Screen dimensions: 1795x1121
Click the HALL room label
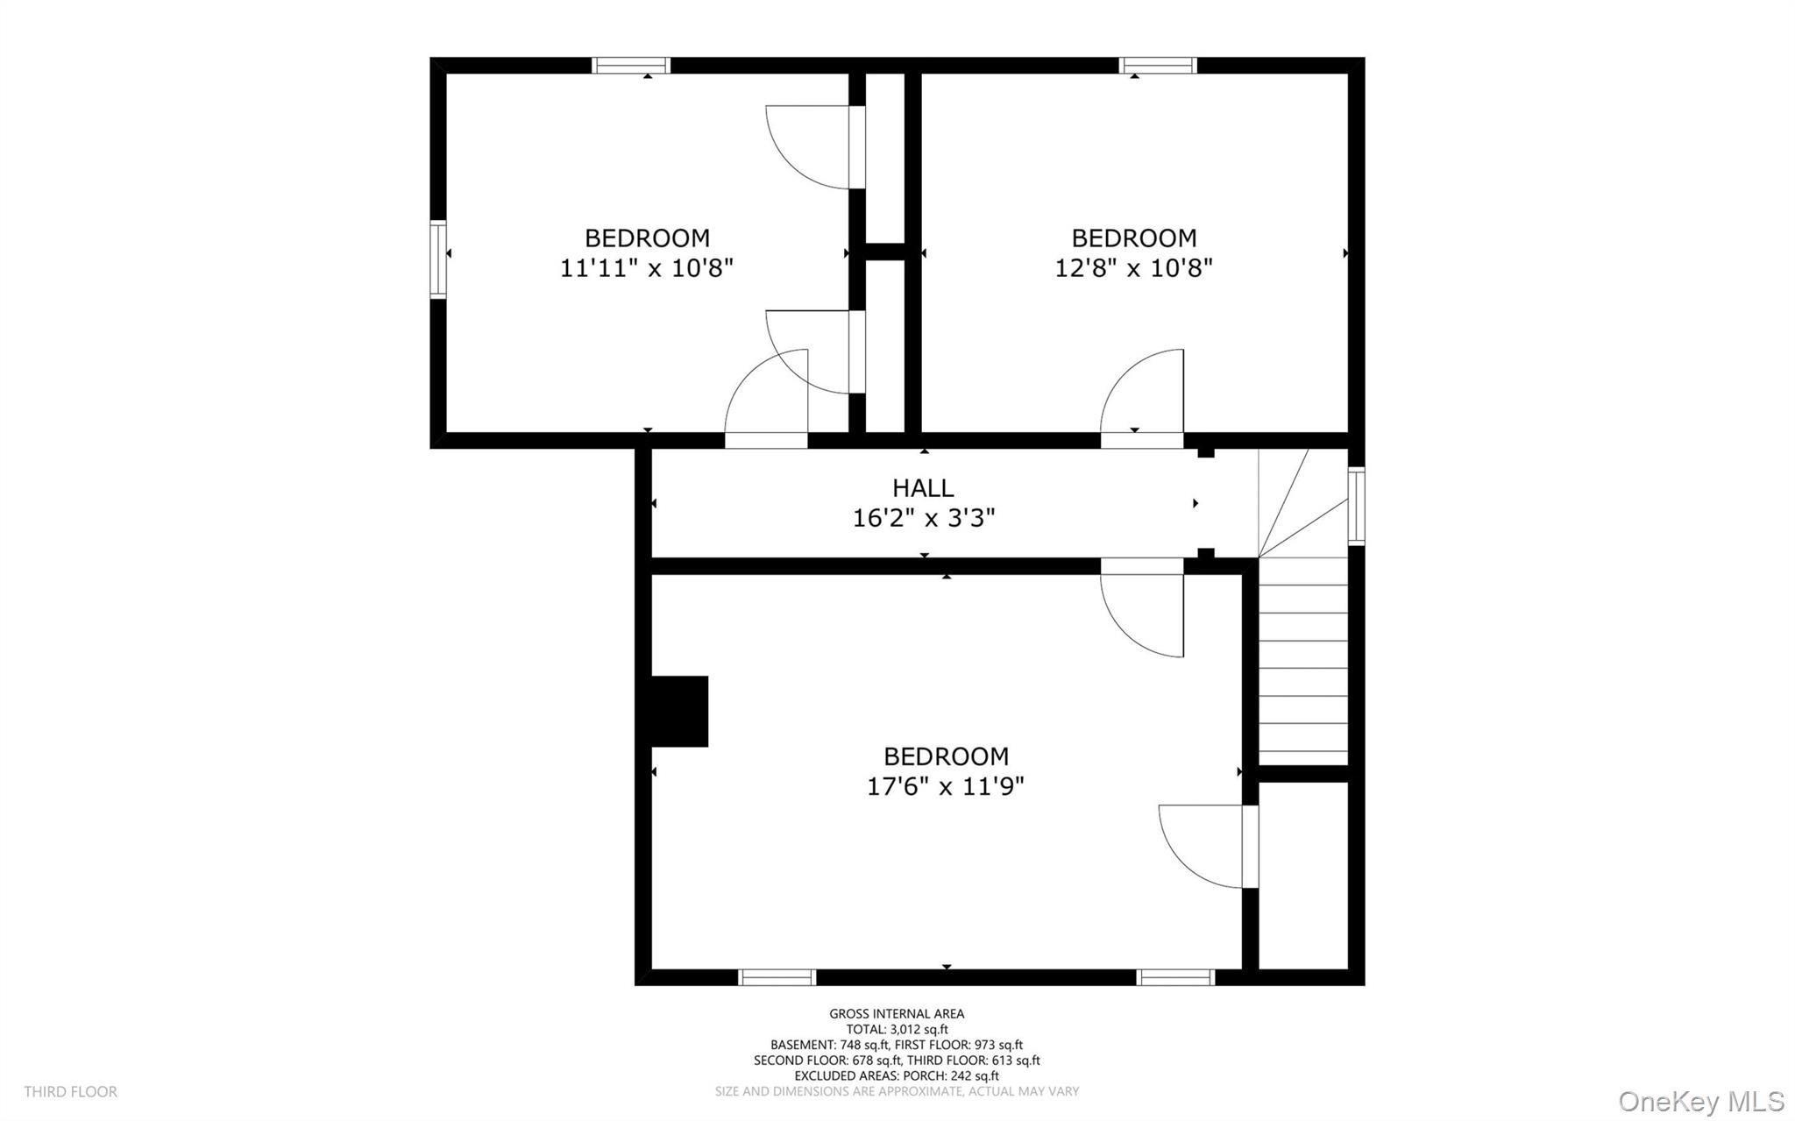click(x=923, y=488)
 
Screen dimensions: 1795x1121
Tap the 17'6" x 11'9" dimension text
click(x=946, y=786)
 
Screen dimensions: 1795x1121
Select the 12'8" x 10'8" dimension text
click(x=1133, y=267)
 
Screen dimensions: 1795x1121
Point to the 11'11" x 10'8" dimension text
click(x=647, y=267)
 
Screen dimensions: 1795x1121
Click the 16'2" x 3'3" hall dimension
click(x=924, y=518)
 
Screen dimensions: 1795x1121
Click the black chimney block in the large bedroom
click(x=679, y=711)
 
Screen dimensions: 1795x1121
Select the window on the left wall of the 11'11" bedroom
click(x=438, y=260)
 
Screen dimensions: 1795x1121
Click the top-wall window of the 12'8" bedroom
click(x=1158, y=66)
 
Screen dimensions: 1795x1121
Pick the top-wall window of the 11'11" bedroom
click(x=631, y=66)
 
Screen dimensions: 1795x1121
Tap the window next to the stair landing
click(x=1356, y=507)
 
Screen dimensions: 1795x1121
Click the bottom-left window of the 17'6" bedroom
click(x=777, y=977)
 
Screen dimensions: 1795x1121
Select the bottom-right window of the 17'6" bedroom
click(x=1175, y=977)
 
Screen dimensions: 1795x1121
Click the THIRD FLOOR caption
click(x=71, y=1092)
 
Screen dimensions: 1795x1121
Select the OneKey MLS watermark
click(x=1701, y=1101)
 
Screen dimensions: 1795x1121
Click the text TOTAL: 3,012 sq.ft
click(x=897, y=1030)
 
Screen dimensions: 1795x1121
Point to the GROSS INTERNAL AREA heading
click(x=897, y=1014)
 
